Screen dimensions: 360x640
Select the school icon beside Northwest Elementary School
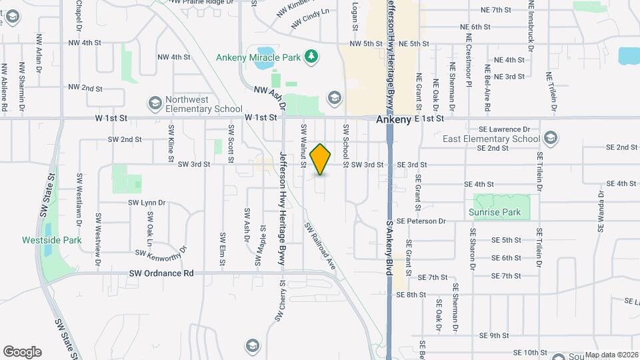click(x=155, y=103)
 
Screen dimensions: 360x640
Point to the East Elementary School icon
click(x=551, y=139)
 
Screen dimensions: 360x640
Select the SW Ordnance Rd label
click(x=161, y=273)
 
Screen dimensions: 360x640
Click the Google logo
click(x=22, y=352)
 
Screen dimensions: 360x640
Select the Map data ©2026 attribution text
click(x=611, y=354)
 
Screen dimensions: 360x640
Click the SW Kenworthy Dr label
click(x=161, y=252)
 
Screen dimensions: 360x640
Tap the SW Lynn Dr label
click(x=147, y=203)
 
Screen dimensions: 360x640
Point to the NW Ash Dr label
click(x=269, y=97)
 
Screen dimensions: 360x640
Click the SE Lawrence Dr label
click(x=504, y=129)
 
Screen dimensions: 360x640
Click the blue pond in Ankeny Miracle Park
click(x=263, y=51)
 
